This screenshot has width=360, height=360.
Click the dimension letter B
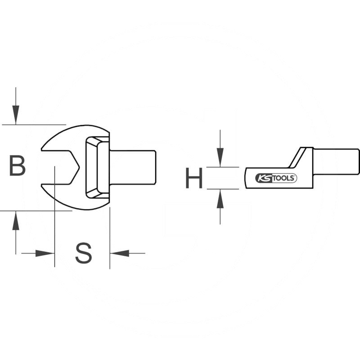18,166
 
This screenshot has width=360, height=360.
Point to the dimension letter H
194,178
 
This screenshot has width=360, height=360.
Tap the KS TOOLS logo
276,178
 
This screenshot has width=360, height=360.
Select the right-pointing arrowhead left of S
45,253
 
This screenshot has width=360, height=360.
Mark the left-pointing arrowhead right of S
120,253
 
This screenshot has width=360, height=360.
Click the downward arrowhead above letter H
220,158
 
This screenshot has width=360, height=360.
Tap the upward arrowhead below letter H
220,199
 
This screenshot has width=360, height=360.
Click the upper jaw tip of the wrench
43,148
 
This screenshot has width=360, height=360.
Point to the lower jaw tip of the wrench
43,185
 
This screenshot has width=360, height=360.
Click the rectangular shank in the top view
133,167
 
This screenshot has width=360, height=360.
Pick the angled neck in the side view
299,157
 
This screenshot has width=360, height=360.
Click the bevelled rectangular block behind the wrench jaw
97,167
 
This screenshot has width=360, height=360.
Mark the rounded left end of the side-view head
247,178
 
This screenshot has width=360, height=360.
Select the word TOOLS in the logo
283,178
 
